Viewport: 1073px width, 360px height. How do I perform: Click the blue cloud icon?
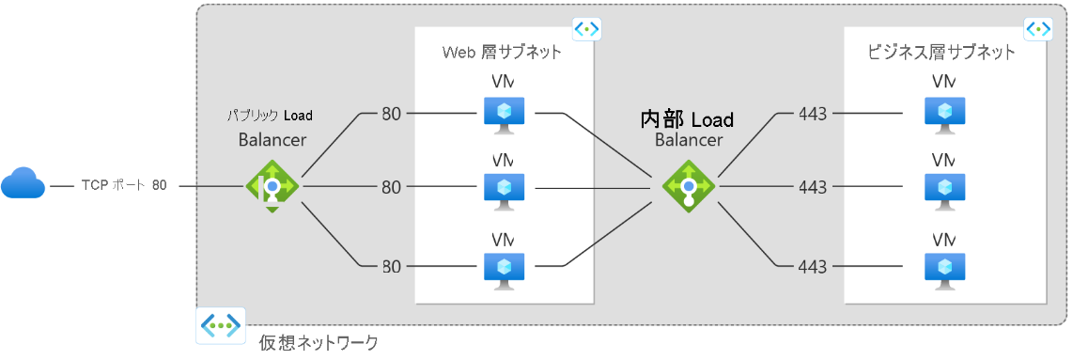(x=23, y=185)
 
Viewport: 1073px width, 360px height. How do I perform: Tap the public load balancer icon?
(x=272, y=186)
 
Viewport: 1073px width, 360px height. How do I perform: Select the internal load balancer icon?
(x=689, y=186)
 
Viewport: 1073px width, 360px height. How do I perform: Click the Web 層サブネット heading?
(x=503, y=53)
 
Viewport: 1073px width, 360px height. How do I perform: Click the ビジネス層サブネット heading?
(x=941, y=53)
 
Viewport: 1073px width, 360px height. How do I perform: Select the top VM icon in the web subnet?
(x=505, y=114)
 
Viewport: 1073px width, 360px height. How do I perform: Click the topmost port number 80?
(x=391, y=114)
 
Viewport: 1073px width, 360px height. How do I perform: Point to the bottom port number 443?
(x=812, y=267)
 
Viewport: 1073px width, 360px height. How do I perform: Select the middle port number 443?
(x=812, y=187)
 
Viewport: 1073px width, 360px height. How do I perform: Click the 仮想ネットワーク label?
(x=319, y=343)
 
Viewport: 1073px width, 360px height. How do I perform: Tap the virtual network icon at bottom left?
(x=220, y=326)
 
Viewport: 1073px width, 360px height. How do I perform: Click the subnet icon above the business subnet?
(x=1038, y=29)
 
